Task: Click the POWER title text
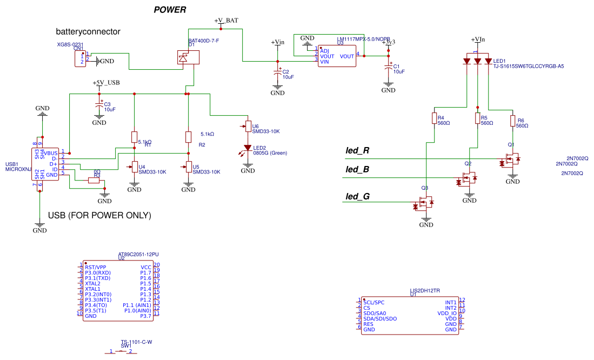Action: [x=170, y=10]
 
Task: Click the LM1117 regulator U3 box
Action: [x=336, y=56]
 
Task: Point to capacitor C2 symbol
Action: [x=278, y=72]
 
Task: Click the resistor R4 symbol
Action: [x=434, y=118]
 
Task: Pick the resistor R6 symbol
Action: [x=513, y=121]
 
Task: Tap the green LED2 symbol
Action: [x=248, y=148]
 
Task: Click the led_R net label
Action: [x=357, y=150]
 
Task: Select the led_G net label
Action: [x=357, y=197]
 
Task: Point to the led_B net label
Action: [x=357, y=169]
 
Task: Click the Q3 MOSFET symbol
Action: [x=427, y=204]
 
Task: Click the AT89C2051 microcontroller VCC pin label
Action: [x=145, y=267]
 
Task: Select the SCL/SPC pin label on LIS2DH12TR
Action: [x=373, y=302]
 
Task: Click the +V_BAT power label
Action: [x=226, y=21]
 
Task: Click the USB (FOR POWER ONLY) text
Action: [x=99, y=215]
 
